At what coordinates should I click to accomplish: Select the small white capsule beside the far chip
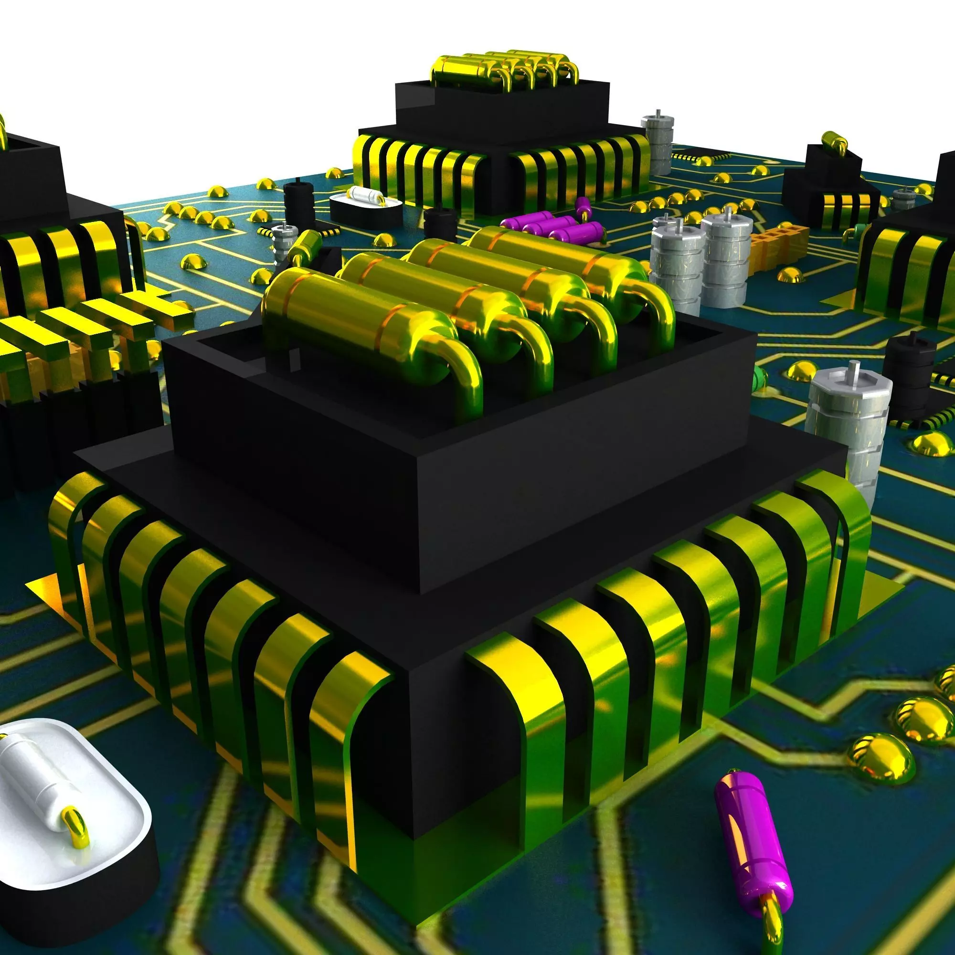click(x=366, y=195)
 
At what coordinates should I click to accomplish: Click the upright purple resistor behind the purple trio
click(x=584, y=206)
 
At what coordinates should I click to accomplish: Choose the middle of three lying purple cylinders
click(x=549, y=227)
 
